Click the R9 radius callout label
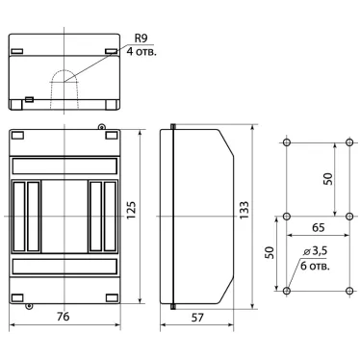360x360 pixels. click(x=141, y=39)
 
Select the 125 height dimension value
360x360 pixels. click(x=132, y=210)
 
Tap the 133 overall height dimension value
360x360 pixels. click(x=244, y=210)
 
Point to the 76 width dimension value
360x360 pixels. click(x=64, y=317)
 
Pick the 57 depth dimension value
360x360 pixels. click(x=197, y=318)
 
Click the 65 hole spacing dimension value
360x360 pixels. click(x=318, y=227)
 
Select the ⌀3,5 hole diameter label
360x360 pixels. click(x=315, y=251)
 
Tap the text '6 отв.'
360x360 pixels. click(x=315, y=266)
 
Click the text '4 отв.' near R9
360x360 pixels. click(x=141, y=51)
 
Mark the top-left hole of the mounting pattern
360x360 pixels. click(x=287, y=141)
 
